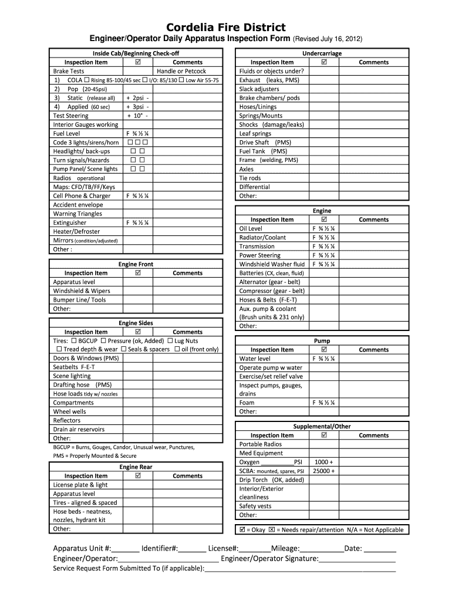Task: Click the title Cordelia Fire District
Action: (225, 27)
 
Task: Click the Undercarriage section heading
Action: (322, 53)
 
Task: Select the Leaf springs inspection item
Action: (255, 134)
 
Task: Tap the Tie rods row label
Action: (250, 178)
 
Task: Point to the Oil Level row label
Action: (251, 228)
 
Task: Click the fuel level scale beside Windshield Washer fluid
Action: (324, 264)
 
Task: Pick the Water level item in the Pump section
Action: (255, 359)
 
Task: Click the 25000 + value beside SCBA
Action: (324, 471)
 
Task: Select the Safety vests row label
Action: (255, 506)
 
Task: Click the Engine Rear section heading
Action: (136, 467)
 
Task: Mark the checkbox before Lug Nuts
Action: (170, 340)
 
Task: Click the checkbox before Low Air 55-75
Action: (181, 80)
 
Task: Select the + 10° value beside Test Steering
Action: (136, 116)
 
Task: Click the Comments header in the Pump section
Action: (373, 350)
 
